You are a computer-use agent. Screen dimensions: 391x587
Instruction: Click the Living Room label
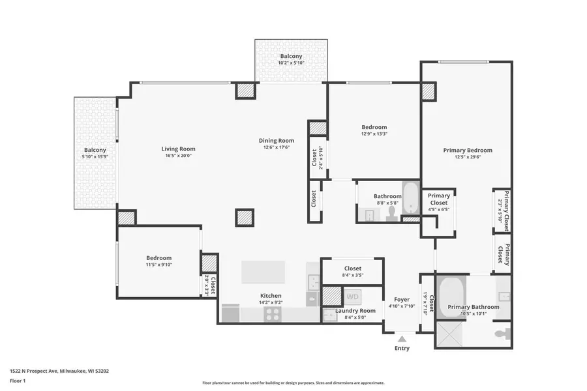[178, 149]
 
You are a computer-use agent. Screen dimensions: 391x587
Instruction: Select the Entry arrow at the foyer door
[402, 339]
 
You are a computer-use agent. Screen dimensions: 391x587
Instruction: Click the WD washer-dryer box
[352, 297]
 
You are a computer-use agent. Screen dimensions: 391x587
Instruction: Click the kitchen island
[263, 272]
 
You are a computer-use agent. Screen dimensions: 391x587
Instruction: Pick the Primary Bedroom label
[468, 151]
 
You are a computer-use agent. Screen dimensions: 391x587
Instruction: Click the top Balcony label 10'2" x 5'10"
[291, 56]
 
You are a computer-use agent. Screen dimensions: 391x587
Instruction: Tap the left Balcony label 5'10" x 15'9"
[95, 150]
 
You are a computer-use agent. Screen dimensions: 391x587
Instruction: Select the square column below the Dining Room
[244, 218]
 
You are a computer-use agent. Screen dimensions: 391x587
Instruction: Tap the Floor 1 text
[18, 381]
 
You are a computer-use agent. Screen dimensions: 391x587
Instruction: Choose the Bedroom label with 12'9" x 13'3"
[374, 127]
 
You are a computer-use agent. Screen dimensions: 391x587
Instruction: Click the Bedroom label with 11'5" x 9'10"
[158, 258]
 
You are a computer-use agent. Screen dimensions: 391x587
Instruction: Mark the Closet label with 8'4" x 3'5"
[353, 268]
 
